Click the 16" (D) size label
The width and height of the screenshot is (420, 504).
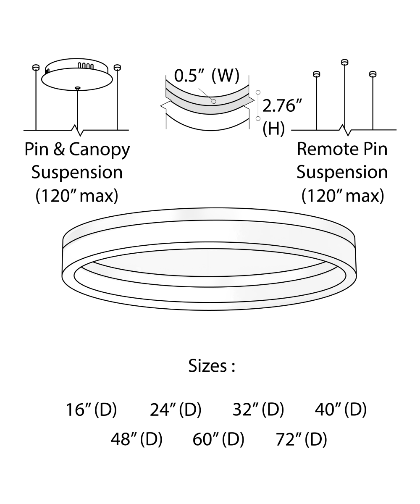click(x=91, y=409)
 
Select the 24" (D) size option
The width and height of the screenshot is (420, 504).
click(x=176, y=409)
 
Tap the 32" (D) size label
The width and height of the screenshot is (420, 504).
click(x=258, y=409)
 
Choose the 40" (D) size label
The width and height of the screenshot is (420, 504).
click(x=341, y=409)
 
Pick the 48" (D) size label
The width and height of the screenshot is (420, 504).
click(x=136, y=439)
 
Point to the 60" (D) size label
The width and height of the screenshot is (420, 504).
click(x=218, y=439)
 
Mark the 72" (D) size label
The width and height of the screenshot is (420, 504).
click(x=301, y=439)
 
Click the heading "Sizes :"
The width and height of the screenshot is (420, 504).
click(x=211, y=366)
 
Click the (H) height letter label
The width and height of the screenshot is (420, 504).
click(x=273, y=129)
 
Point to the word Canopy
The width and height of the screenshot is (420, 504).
click(x=100, y=150)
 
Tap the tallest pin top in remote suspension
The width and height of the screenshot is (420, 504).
click(x=345, y=62)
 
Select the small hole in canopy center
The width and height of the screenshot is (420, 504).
click(x=77, y=88)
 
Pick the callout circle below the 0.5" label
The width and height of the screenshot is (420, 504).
click(x=214, y=101)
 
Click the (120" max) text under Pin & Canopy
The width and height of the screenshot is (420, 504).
click(x=76, y=196)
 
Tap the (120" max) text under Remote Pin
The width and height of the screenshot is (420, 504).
click(x=343, y=196)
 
